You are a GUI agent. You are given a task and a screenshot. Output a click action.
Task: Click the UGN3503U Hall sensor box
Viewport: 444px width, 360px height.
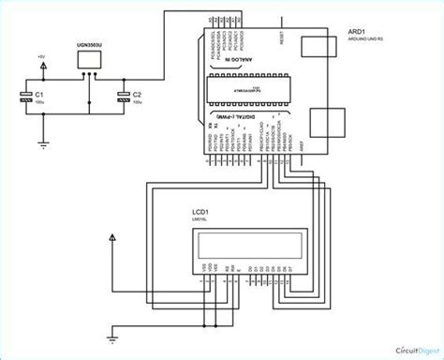90,60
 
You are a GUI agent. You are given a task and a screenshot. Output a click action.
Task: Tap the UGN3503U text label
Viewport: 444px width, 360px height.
89,43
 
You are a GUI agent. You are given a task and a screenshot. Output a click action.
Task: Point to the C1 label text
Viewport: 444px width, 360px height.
39,94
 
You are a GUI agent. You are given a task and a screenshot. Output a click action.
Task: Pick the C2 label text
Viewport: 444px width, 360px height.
138,94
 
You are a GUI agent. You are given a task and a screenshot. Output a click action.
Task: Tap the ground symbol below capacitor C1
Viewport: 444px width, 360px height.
40,142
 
